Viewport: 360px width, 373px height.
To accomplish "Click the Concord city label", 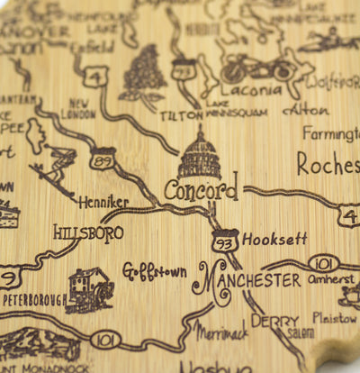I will coord(202,190).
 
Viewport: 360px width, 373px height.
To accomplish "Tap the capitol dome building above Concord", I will coord(200,155).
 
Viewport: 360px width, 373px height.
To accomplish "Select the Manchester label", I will coord(247,280).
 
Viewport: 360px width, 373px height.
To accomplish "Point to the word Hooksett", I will coord(274,241).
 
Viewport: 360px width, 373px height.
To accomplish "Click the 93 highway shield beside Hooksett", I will coord(224,241).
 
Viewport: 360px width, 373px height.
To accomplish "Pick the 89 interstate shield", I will coord(103,159).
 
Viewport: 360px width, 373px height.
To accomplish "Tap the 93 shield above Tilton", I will coord(185,68).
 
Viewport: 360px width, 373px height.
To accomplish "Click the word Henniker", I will coord(103,203).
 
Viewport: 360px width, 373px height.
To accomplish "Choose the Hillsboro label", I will coord(87,232).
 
